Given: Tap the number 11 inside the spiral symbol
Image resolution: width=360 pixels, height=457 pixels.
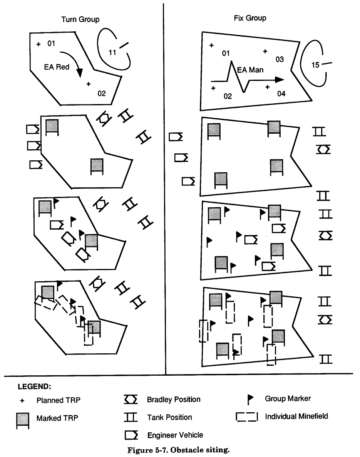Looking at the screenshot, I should pyautogui.click(x=112, y=53).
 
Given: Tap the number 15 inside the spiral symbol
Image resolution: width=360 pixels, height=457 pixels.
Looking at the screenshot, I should pyautogui.click(x=315, y=65).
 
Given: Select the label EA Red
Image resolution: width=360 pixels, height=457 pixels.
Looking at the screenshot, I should pyautogui.click(x=56, y=67).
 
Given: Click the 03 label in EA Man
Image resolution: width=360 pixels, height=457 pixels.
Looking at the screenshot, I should pyautogui.click(x=280, y=59).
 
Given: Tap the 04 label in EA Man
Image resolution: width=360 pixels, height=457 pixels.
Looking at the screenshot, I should pyautogui.click(x=281, y=93).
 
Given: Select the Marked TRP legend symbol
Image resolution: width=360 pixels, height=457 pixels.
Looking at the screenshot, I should pyautogui.click(x=22, y=420).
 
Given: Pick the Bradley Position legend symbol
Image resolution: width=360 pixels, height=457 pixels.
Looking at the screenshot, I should pyautogui.click(x=131, y=400).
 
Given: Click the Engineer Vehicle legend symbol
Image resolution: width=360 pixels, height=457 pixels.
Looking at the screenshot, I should pyautogui.click(x=131, y=435).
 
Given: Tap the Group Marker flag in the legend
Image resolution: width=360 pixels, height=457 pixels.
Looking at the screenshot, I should pyautogui.click(x=251, y=400).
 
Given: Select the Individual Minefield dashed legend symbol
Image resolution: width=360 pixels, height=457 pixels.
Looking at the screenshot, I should pyautogui.click(x=246, y=417).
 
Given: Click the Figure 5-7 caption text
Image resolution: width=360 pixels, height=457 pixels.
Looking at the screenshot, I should pyautogui.click(x=180, y=449).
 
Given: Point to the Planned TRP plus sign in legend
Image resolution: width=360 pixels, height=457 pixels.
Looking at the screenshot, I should pyautogui.click(x=22, y=400).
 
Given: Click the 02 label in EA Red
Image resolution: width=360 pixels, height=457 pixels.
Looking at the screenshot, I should pyautogui.click(x=101, y=93).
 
